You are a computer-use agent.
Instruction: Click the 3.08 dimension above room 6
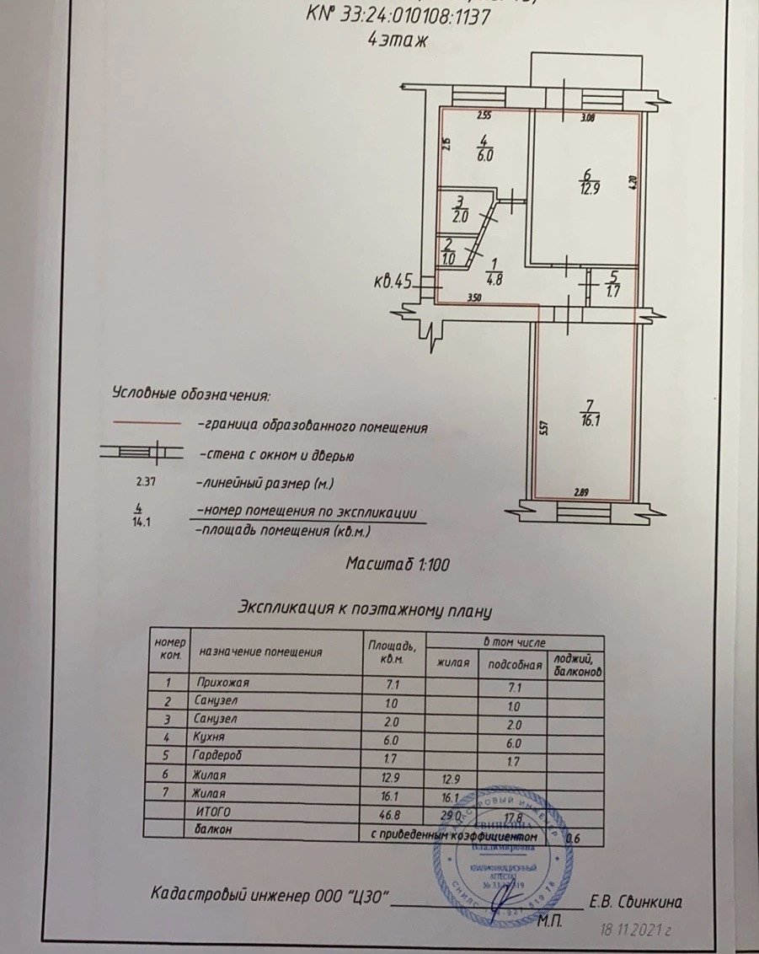[x=587, y=119]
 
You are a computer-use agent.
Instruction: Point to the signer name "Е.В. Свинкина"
[x=635, y=903]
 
